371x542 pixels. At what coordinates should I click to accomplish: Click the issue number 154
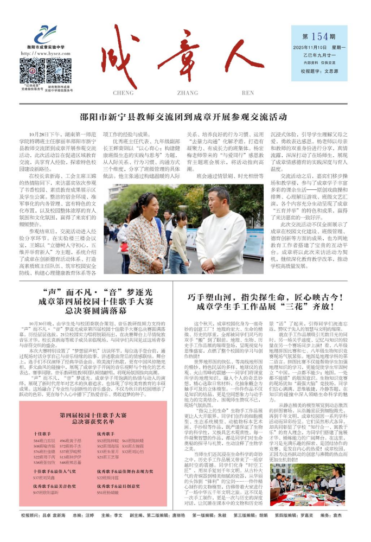click(320, 37)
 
